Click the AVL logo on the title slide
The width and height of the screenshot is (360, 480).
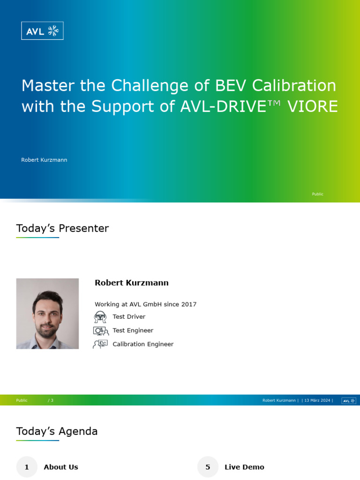pos(42,31)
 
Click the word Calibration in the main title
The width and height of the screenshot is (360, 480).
pos(294,86)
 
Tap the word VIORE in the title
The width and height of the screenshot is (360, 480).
pos(312,107)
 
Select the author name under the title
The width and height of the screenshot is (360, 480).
pos(44,160)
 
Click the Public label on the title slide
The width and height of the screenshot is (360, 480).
pos(317,194)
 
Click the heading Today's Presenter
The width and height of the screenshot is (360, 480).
pos(62,228)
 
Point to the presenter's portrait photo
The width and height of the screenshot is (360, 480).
pos(47,314)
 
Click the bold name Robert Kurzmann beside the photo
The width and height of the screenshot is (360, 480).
pos(131,283)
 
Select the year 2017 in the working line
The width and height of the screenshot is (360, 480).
pos(189,304)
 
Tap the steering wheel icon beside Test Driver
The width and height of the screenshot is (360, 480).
pos(100,317)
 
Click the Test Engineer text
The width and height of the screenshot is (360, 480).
pos(133,330)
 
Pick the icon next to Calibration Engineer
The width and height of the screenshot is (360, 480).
pos(100,344)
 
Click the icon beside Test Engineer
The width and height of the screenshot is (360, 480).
pos(100,330)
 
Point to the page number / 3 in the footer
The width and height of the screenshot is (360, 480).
pos(51,400)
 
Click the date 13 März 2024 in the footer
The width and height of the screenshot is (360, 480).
pos(317,400)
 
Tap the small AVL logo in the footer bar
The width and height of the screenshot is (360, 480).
pos(348,400)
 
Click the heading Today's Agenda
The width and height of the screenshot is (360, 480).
pos(57,431)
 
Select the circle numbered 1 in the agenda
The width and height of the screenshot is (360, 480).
pos(27,467)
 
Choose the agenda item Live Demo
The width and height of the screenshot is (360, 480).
pos(244,467)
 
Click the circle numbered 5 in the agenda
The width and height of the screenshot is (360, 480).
pos(208,467)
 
